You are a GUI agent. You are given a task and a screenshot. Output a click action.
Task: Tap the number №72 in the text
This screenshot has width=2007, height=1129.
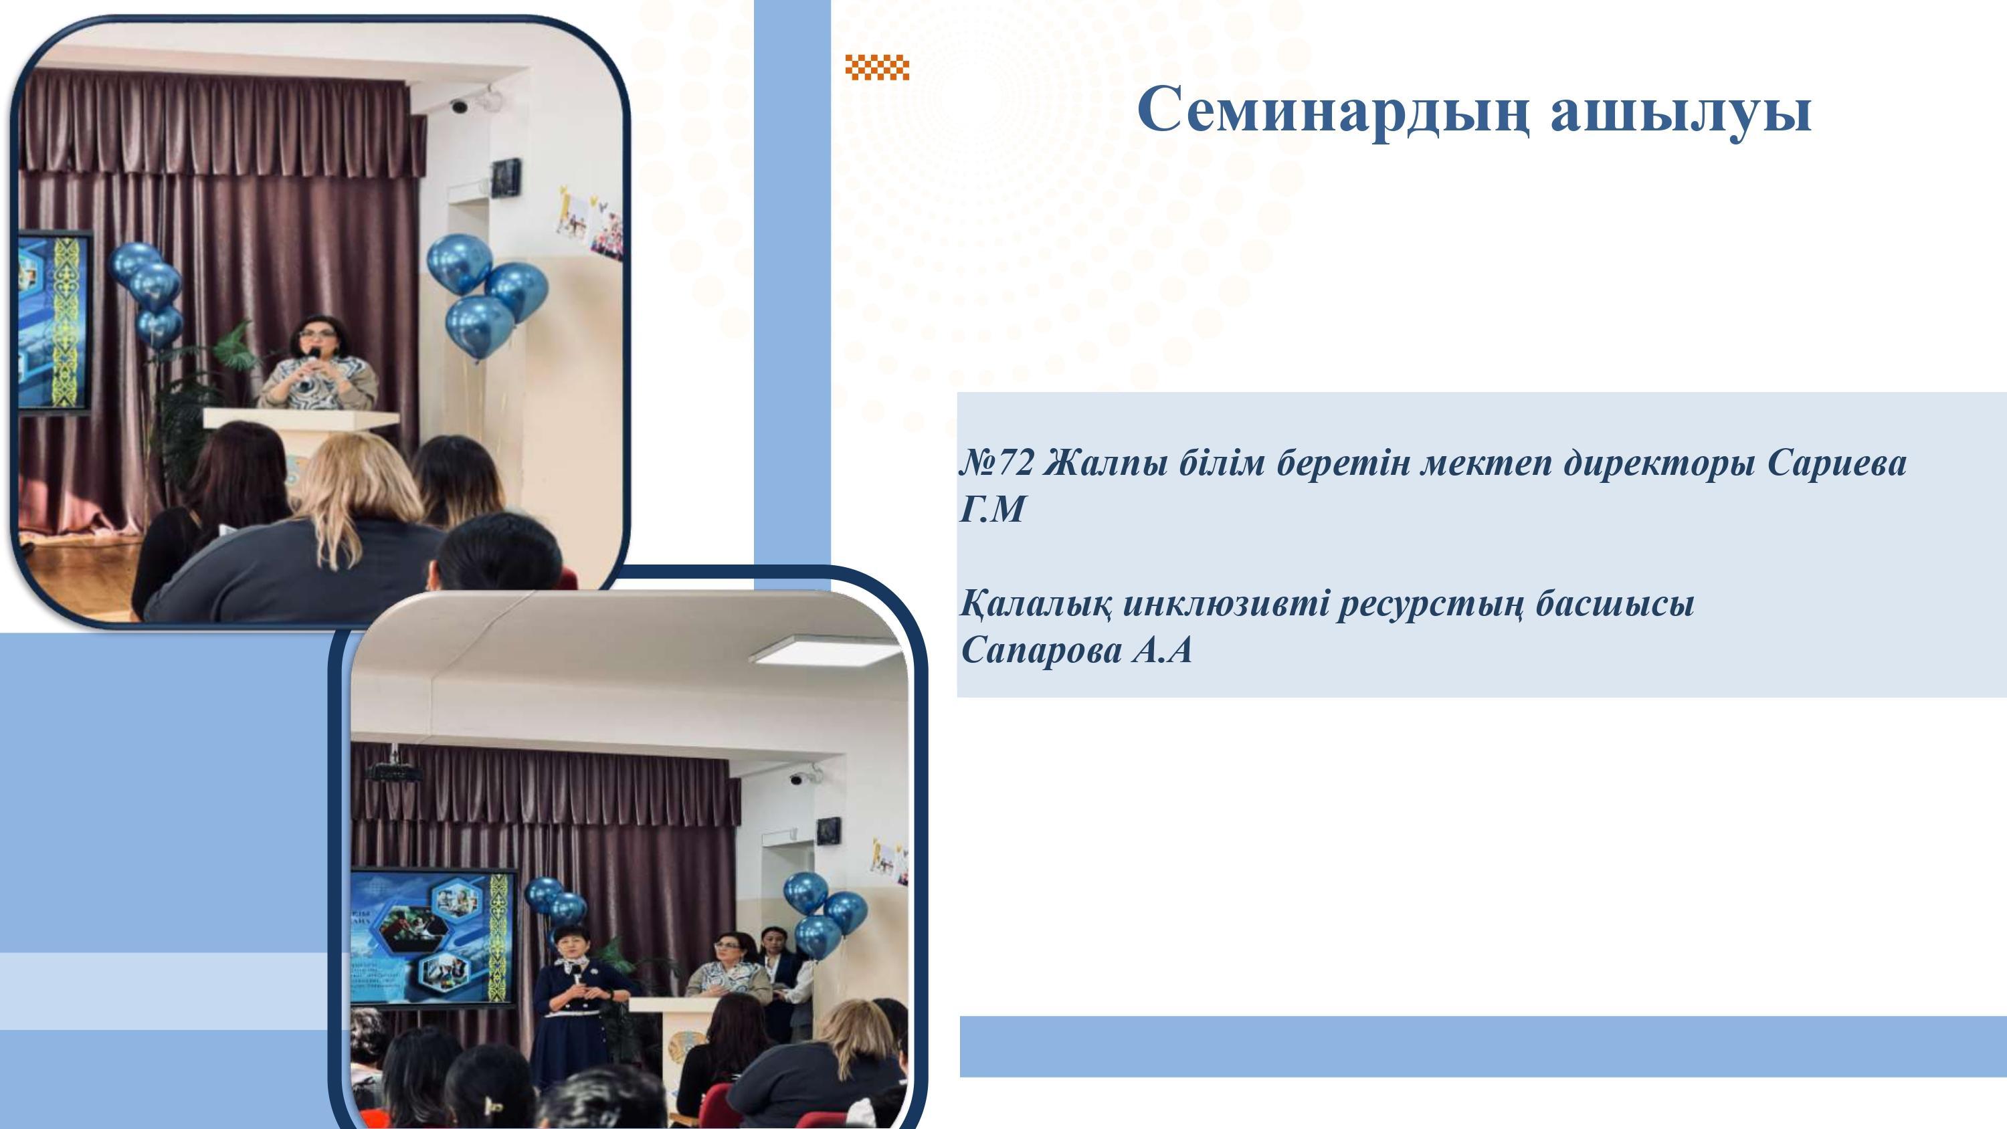997,464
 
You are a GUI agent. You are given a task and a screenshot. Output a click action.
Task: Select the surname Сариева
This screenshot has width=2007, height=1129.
1836,464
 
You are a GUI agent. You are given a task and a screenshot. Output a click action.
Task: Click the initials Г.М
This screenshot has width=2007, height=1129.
991,510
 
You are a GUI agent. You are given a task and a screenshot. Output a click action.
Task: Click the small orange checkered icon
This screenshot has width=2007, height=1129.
877,68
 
